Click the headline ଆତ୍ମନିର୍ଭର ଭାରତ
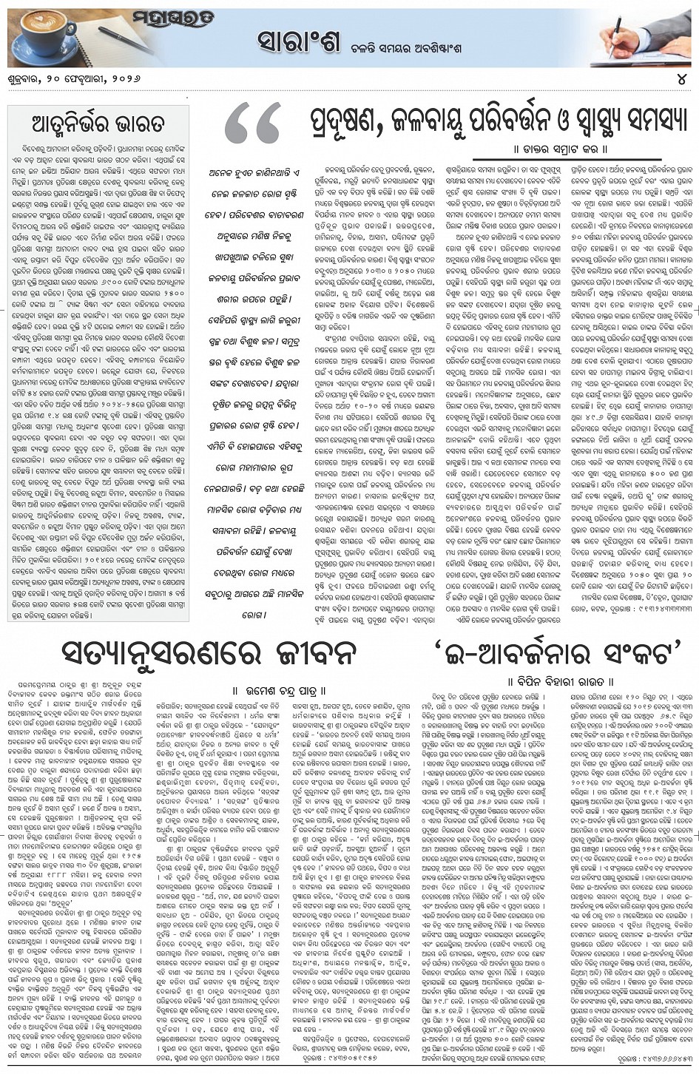click(x=98, y=123)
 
